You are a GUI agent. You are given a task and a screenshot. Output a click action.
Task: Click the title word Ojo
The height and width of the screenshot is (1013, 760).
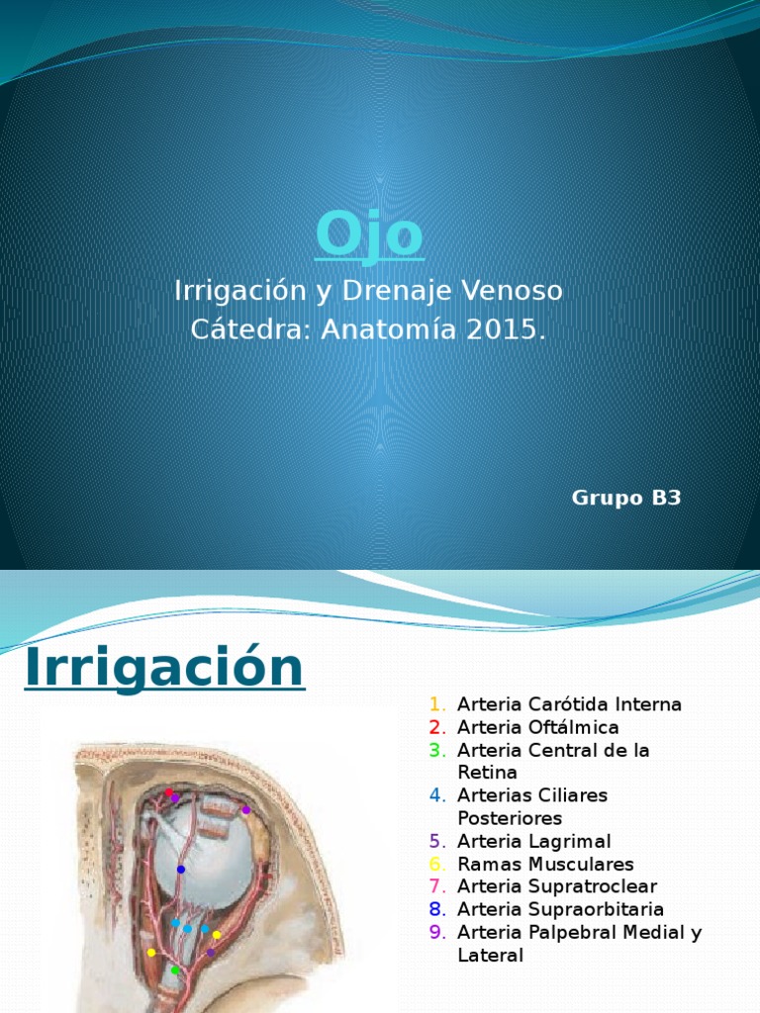[369, 235]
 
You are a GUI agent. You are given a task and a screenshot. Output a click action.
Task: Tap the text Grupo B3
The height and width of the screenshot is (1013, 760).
[626, 498]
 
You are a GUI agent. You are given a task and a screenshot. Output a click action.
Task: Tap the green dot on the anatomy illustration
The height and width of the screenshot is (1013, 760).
[175, 970]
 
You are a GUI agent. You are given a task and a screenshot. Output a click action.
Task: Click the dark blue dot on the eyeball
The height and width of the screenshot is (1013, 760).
[181, 870]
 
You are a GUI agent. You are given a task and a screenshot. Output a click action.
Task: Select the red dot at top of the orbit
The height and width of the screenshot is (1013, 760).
[168, 793]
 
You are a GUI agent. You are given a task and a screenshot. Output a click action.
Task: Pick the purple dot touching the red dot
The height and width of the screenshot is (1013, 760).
[175, 797]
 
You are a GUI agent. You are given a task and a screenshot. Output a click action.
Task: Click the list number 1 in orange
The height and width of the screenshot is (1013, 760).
[435, 704]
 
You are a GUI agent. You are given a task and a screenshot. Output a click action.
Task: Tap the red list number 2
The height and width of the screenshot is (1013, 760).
[435, 727]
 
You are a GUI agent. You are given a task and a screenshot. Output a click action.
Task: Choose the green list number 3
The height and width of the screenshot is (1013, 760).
[435, 750]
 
